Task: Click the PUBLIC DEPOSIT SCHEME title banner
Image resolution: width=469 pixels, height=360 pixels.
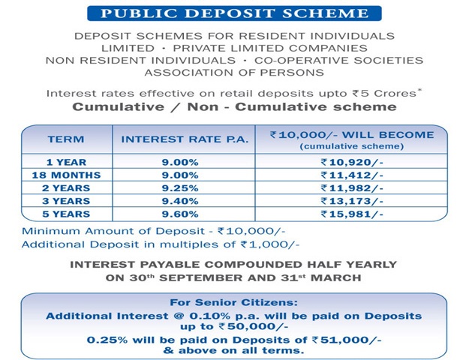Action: tap(234, 13)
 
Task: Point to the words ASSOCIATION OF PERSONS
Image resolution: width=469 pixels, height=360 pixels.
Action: tap(234, 73)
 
